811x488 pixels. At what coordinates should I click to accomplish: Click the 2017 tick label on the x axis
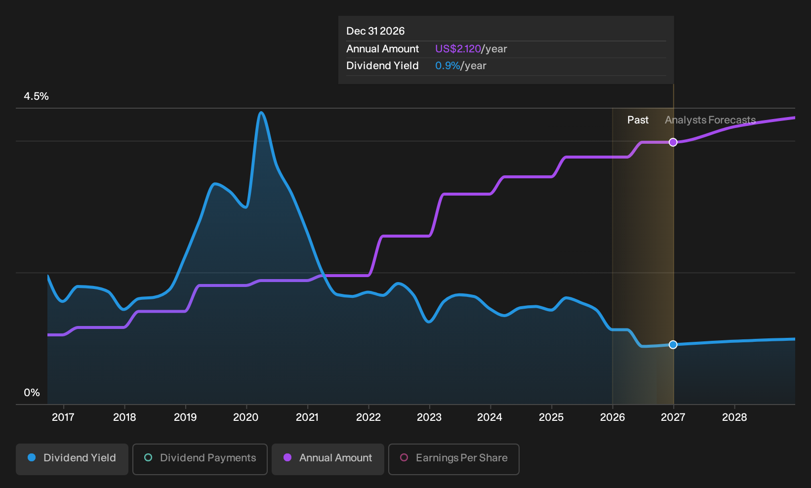click(63, 417)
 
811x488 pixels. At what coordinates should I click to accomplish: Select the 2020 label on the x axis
click(246, 417)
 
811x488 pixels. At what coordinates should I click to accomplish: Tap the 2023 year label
click(429, 417)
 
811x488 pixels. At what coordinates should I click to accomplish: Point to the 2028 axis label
click(734, 417)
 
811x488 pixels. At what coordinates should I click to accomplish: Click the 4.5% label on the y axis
click(36, 96)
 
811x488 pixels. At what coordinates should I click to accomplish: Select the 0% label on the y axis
click(32, 393)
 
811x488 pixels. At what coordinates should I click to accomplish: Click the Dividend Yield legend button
click(72, 459)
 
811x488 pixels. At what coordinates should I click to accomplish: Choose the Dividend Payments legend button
click(200, 459)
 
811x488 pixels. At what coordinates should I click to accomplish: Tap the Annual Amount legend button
click(327, 459)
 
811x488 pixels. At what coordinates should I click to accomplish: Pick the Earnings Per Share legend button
click(453, 459)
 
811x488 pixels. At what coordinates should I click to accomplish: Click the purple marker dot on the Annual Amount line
click(673, 142)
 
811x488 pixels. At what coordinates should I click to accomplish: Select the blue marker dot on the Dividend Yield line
click(673, 345)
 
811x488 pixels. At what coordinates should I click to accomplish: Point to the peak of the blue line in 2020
click(261, 113)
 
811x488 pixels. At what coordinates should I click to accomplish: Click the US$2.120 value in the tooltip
click(458, 49)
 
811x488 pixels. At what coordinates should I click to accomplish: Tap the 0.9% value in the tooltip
click(447, 66)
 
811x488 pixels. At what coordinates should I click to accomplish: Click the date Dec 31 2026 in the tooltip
click(375, 31)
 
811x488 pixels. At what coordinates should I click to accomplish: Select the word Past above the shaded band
click(638, 120)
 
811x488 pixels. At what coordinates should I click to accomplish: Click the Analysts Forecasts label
click(710, 120)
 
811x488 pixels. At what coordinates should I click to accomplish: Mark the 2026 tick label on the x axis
click(612, 417)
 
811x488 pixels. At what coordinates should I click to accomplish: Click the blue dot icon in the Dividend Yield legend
click(32, 457)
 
